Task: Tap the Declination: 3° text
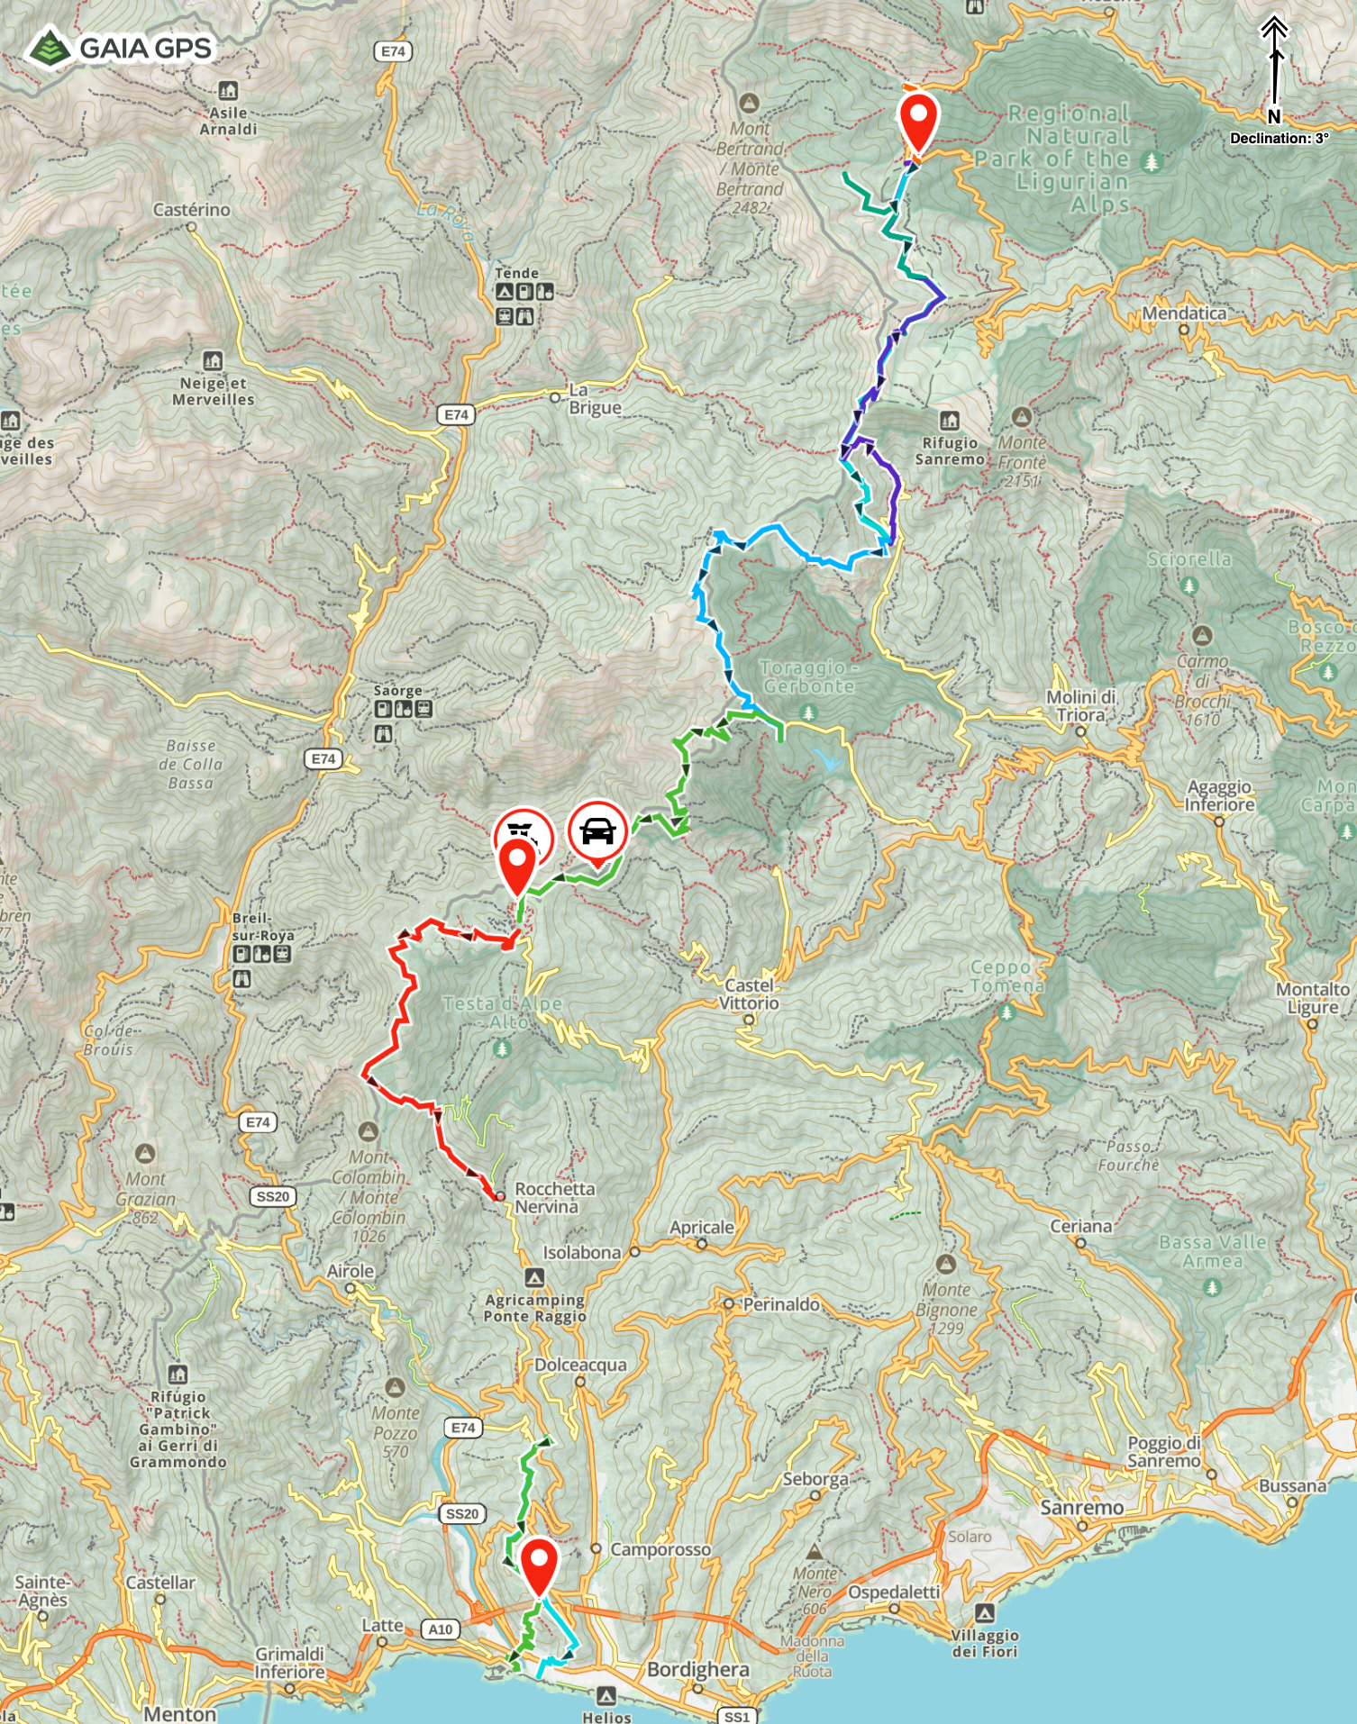point(1279,138)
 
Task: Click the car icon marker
point(597,831)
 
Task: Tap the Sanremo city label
point(1081,1508)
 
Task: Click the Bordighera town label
point(697,1669)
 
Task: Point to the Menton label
point(179,1713)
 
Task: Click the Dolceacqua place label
point(580,1365)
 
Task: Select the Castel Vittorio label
point(749,994)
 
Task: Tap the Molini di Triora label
point(1080,705)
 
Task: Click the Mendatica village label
point(1183,313)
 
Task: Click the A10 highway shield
point(441,1629)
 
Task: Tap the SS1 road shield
point(736,1716)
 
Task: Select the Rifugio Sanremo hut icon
point(949,420)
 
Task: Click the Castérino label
point(191,210)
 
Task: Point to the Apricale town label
point(701,1227)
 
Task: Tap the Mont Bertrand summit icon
point(749,103)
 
